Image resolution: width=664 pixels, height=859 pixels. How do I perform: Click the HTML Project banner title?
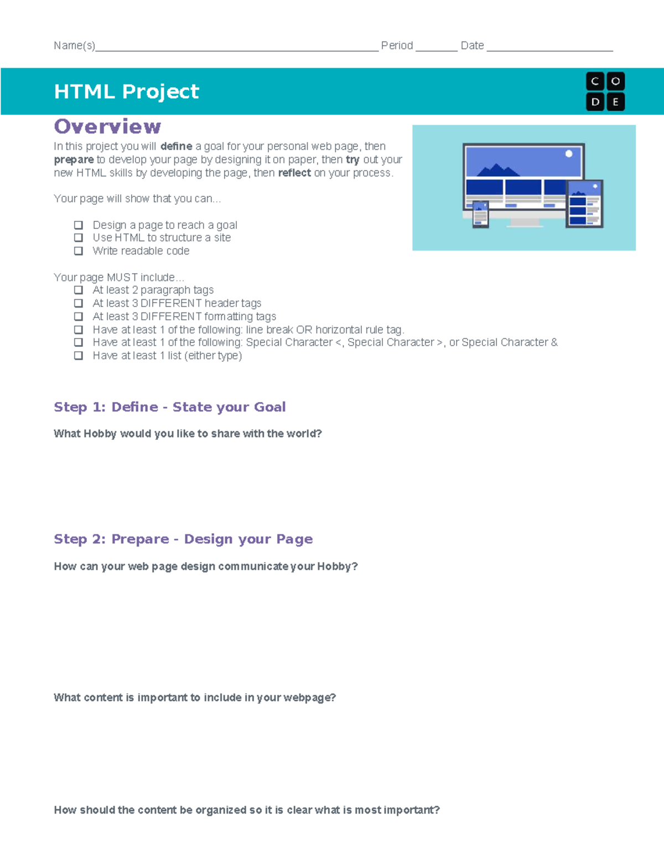coord(126,91)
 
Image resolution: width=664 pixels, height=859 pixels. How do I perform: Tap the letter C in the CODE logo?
coord(595,81)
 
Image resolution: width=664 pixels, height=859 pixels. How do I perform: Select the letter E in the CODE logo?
coord(615,102)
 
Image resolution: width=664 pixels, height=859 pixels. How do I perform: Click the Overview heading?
coord(107,127)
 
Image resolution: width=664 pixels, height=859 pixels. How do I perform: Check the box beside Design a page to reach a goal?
coord(79,225)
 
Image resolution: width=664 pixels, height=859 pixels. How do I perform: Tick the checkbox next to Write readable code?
coord(79,251)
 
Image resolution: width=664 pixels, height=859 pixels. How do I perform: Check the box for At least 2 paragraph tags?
coord(79,290)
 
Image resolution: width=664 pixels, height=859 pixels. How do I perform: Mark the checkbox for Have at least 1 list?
coord(79,356)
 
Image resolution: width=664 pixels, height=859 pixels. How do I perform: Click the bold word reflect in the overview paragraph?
coord(294,173)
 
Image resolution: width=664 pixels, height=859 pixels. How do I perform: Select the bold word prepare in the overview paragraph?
coord(74,160)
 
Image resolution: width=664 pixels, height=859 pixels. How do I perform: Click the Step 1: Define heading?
coord(169,407)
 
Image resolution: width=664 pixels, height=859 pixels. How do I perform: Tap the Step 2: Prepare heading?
coord(183,539)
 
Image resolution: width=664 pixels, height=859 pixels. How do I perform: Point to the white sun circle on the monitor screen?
coord(569,154)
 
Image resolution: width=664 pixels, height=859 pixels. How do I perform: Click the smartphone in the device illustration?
coord(480,214)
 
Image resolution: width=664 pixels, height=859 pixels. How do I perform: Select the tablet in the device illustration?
coord(584,204)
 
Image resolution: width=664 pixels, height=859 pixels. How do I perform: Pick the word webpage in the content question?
coord(309,697)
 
